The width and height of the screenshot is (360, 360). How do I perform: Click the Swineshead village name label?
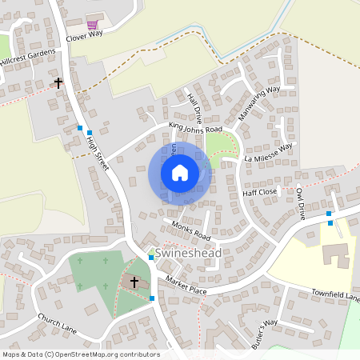188,253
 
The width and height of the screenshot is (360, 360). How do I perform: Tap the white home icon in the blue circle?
180,173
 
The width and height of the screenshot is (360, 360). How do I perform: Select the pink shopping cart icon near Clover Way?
94,26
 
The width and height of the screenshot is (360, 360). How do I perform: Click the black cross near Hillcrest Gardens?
58,82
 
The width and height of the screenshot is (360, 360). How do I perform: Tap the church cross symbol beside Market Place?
134,282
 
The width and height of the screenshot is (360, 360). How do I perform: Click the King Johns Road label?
195,128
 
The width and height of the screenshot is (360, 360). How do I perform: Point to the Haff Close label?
259,193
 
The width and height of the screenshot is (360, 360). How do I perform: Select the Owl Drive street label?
300,203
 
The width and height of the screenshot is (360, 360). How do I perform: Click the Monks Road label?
190,232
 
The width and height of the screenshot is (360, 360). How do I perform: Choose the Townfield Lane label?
336,297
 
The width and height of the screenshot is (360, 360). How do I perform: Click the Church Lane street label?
56,324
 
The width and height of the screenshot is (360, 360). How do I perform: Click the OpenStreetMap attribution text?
81,354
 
